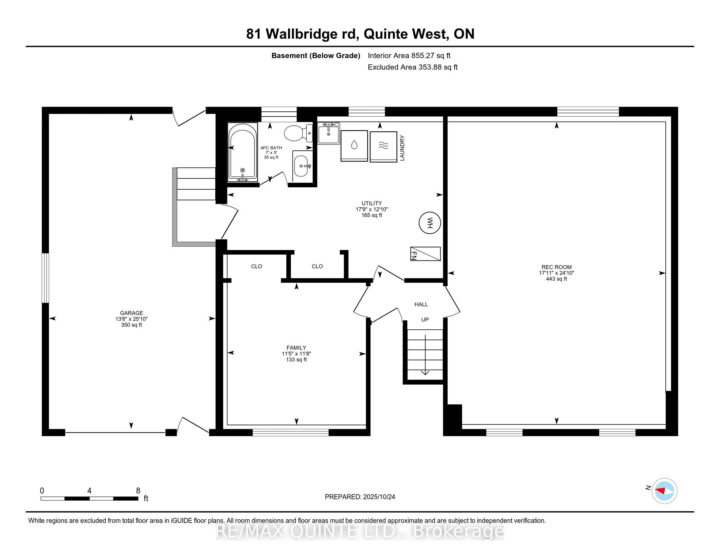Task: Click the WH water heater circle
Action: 430,223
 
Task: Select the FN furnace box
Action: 425,254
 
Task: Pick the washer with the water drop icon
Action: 354,145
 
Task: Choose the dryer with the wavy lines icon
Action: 384,146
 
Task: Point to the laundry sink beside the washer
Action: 328,133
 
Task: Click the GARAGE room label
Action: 132,313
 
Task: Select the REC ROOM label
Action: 556,267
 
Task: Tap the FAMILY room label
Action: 296,347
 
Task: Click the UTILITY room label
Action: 371,203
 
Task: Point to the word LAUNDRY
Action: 402,148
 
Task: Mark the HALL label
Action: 421,304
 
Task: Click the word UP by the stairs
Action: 425,319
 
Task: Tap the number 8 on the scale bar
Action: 138,491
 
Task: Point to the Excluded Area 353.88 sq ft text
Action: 412,67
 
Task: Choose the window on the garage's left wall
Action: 45,278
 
